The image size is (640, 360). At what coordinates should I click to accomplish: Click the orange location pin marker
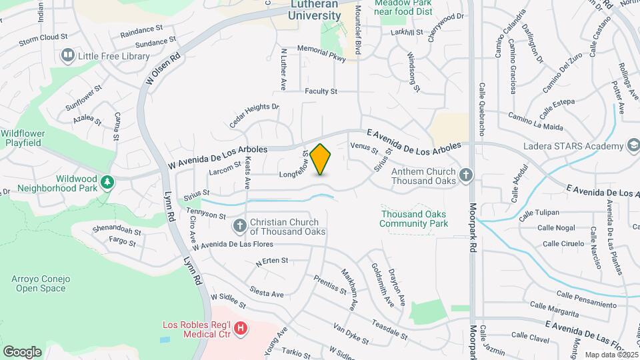click(321, 159)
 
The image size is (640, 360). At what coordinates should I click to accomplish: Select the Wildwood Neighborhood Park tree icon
click(106, 182)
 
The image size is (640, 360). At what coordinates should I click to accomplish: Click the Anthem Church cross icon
click(466, 175)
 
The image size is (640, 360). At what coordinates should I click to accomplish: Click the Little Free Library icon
click(67, 56)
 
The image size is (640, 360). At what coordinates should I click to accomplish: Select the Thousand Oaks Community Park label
click(413, 219)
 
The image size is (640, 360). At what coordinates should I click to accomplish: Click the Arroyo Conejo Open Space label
click(39, 284)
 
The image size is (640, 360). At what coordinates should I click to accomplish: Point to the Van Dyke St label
click(351, 335)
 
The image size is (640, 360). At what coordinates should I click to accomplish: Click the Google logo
click(22, 351)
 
